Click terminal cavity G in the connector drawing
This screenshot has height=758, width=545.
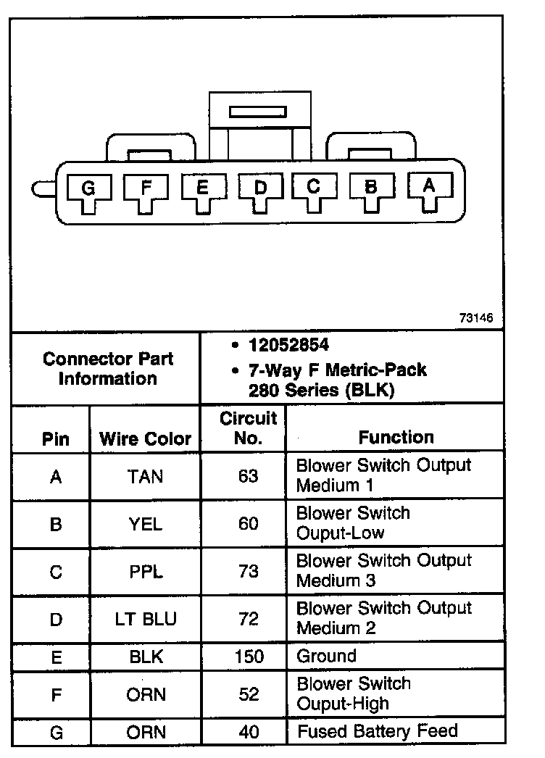[88, 189]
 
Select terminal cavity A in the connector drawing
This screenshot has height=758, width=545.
[428, 186]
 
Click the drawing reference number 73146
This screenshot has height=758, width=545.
[475, 318]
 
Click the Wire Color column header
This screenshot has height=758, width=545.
[145, 438]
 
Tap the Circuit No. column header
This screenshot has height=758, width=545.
[249, 428]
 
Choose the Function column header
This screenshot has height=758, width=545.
[396, 437]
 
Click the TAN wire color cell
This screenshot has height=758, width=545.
[145, 476]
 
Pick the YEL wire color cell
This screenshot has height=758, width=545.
[145, 523]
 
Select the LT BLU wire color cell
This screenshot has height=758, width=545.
[145, 620]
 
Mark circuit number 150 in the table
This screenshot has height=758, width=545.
[249, 657]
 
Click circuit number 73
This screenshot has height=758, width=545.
[249, 571]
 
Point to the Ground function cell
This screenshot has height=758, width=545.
[327, 657]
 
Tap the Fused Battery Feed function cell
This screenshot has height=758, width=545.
[377, 730]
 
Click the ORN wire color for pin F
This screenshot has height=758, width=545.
[145, 694]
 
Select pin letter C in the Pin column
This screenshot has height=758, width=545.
[56, 571]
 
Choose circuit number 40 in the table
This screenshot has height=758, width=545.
[249, 732]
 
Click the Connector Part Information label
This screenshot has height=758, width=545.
[107, 368]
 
